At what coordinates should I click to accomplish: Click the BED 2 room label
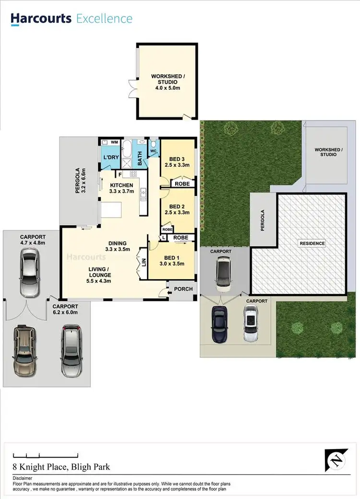(177, 206)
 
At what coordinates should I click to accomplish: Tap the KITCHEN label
(121, 185)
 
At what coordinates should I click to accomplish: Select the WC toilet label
(154, 151)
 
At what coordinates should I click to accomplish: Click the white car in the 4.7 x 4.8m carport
(28, 274)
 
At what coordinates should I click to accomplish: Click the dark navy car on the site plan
(219, 324)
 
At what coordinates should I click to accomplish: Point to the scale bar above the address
(46, 455)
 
